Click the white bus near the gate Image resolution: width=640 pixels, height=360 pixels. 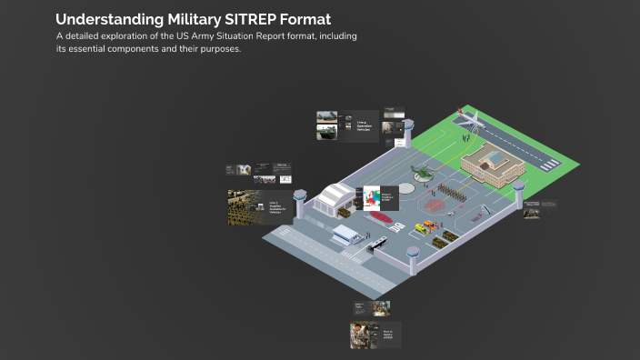tap(375, 244)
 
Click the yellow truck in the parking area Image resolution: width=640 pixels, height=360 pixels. tap(425, 227)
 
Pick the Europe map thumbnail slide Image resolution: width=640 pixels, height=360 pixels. tap(370, 198)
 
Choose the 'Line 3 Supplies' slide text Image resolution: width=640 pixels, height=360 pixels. tap(278, 206)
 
